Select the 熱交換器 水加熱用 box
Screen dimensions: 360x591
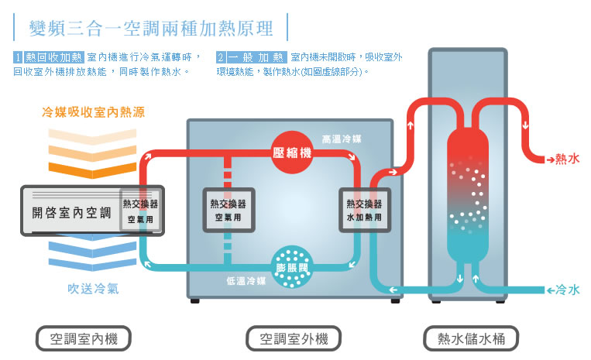click(x=363, y=210)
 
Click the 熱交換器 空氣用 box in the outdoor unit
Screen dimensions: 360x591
click(x=228, y=210)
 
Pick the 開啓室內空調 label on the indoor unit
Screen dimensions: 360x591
click(x=72, y=211)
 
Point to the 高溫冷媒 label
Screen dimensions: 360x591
click(x=341, y=139)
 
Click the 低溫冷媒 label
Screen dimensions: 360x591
click(x=246, y=280)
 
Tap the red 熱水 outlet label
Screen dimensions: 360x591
click(x=566, y=159)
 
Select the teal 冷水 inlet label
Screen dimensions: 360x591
click(x=566, y=290)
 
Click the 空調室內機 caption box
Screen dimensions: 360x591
click(x=84, y=338)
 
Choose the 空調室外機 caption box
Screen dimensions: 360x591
click(x=294, y=338)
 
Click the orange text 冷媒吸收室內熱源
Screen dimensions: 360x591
click(x=93, y=112)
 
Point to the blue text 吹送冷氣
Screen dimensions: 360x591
click(x=93, y=290)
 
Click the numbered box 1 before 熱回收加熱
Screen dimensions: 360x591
click(x=19, y=57)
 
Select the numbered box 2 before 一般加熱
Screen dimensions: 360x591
click(x=222, y=57)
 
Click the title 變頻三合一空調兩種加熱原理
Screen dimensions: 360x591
click(x=151, y=29)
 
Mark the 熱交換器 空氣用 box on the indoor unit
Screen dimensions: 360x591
click(x=140, y=211)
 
